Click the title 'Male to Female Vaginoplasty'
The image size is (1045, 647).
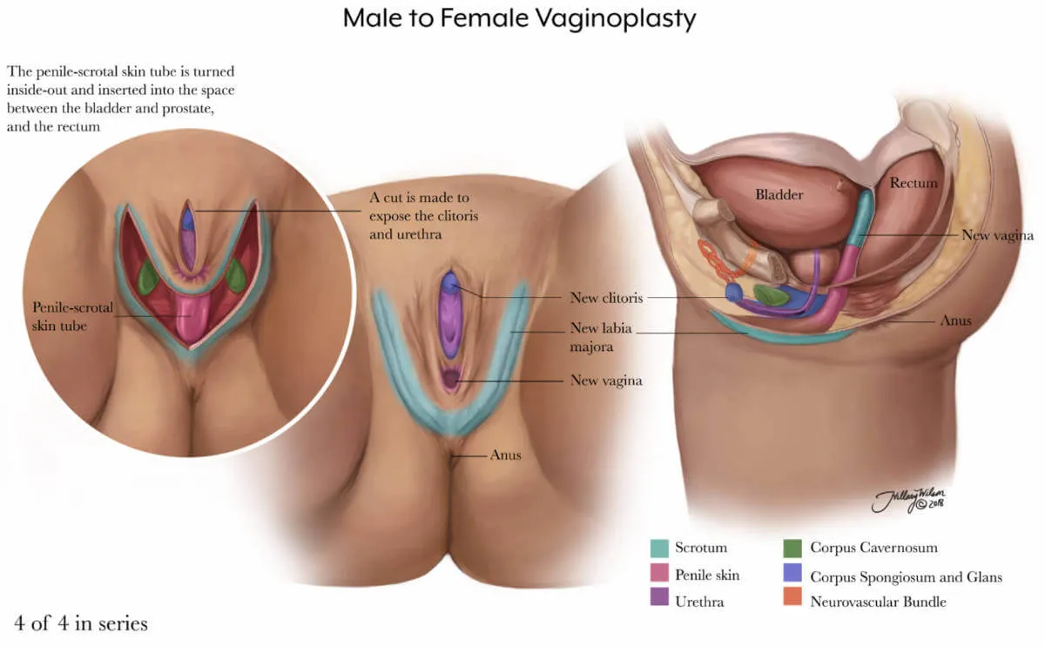click(519, 17)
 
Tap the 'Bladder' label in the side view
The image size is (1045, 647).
click(779, 194)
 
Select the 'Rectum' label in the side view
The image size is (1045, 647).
click(914, 183)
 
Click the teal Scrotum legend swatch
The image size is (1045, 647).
click(661, 548)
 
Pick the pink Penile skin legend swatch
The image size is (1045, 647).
click(661, 575)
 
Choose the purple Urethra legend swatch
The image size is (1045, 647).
click(661, 601)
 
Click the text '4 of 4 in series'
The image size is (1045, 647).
click(80, 623)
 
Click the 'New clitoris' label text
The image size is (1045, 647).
click(606, 298)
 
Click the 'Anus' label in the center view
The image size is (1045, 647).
click(505, 455)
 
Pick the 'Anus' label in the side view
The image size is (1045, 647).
click(955, 320)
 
